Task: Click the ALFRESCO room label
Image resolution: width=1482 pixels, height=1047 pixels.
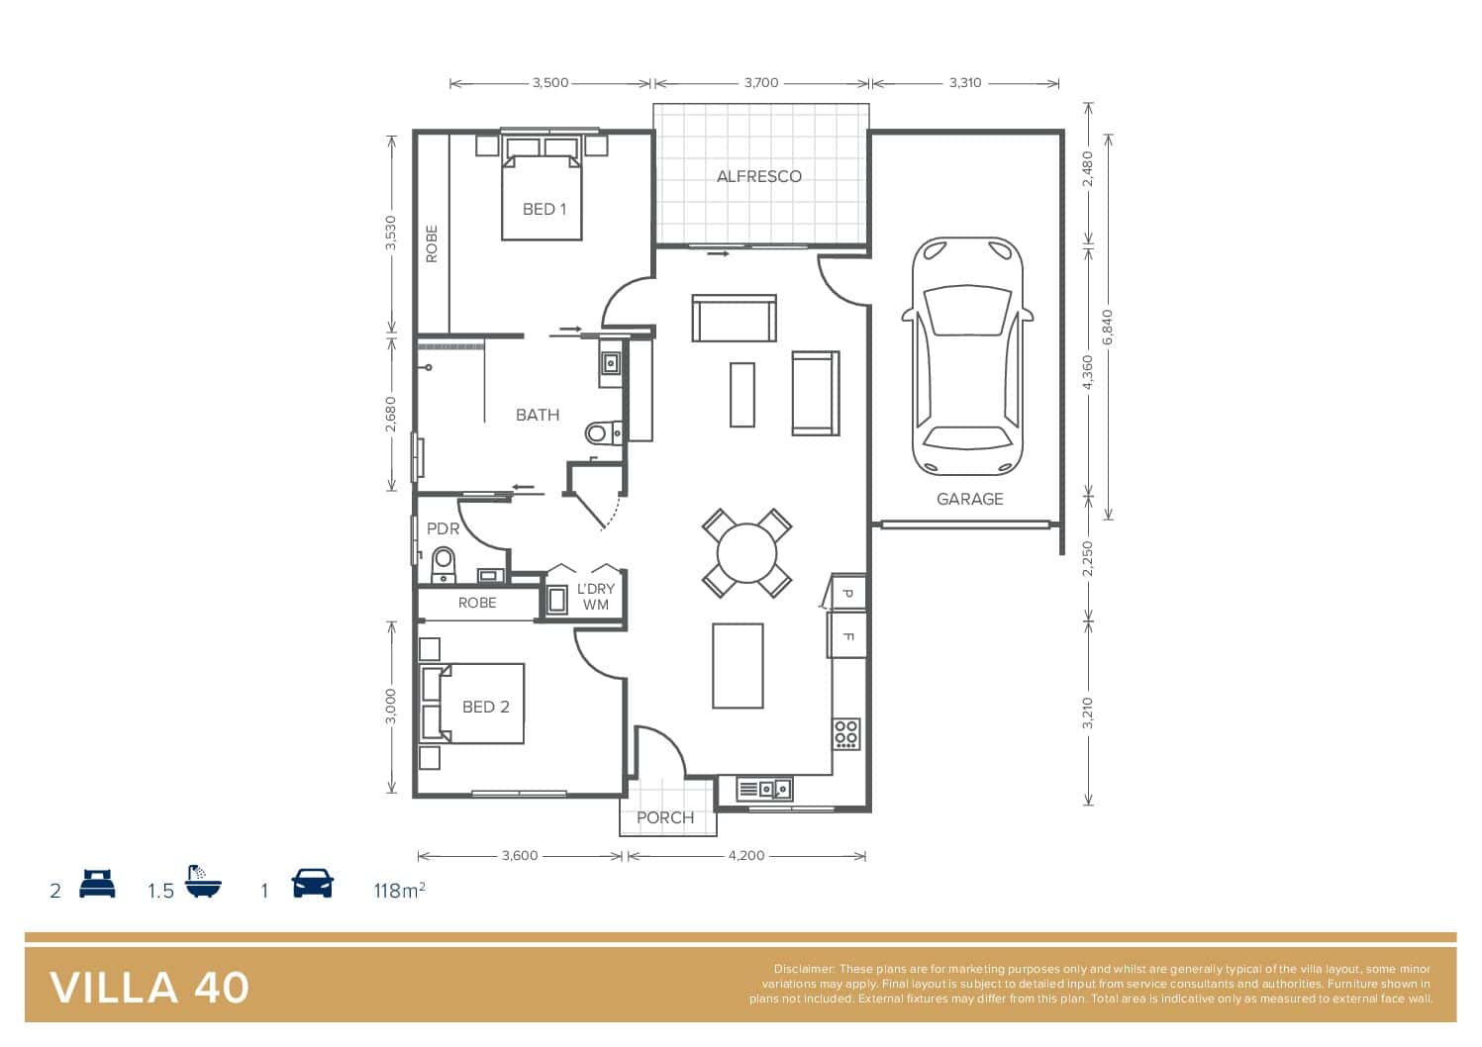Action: (x=759, y=176)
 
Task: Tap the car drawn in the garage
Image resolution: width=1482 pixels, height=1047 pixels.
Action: (x=967, y=356)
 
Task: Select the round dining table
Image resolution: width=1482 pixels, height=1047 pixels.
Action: (x=747, y=552)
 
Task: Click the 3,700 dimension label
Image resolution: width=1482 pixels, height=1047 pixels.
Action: (x=761, y=83)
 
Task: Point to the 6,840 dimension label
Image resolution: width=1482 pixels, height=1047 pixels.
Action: (x=1108, y=327)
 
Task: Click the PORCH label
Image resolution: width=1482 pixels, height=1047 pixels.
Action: (x=665, y=817)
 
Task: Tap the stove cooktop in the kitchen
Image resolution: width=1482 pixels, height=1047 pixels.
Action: (x=846, y=733)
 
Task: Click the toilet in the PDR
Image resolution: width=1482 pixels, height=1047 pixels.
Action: (x=444, y=565)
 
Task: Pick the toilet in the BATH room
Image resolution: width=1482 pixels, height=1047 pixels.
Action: (x=603, y=433)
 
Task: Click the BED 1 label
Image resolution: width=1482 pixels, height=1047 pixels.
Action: (x=543, y=209)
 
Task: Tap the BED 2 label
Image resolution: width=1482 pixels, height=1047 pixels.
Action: (x=486, y=707)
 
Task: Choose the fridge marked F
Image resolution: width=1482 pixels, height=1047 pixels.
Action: (x=846, y=635)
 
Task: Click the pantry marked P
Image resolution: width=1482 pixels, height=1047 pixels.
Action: (x=847, y=592)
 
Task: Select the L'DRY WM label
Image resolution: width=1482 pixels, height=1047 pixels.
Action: (x=595, y=596)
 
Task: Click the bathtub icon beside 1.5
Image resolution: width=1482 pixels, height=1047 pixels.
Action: (x=203, y=881)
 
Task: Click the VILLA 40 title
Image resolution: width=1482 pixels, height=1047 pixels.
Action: (x=149, y=988)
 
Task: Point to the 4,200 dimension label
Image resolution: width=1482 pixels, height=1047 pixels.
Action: (x=746, y=855)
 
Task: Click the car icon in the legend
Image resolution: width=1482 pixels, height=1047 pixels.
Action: (x=312, y=883)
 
